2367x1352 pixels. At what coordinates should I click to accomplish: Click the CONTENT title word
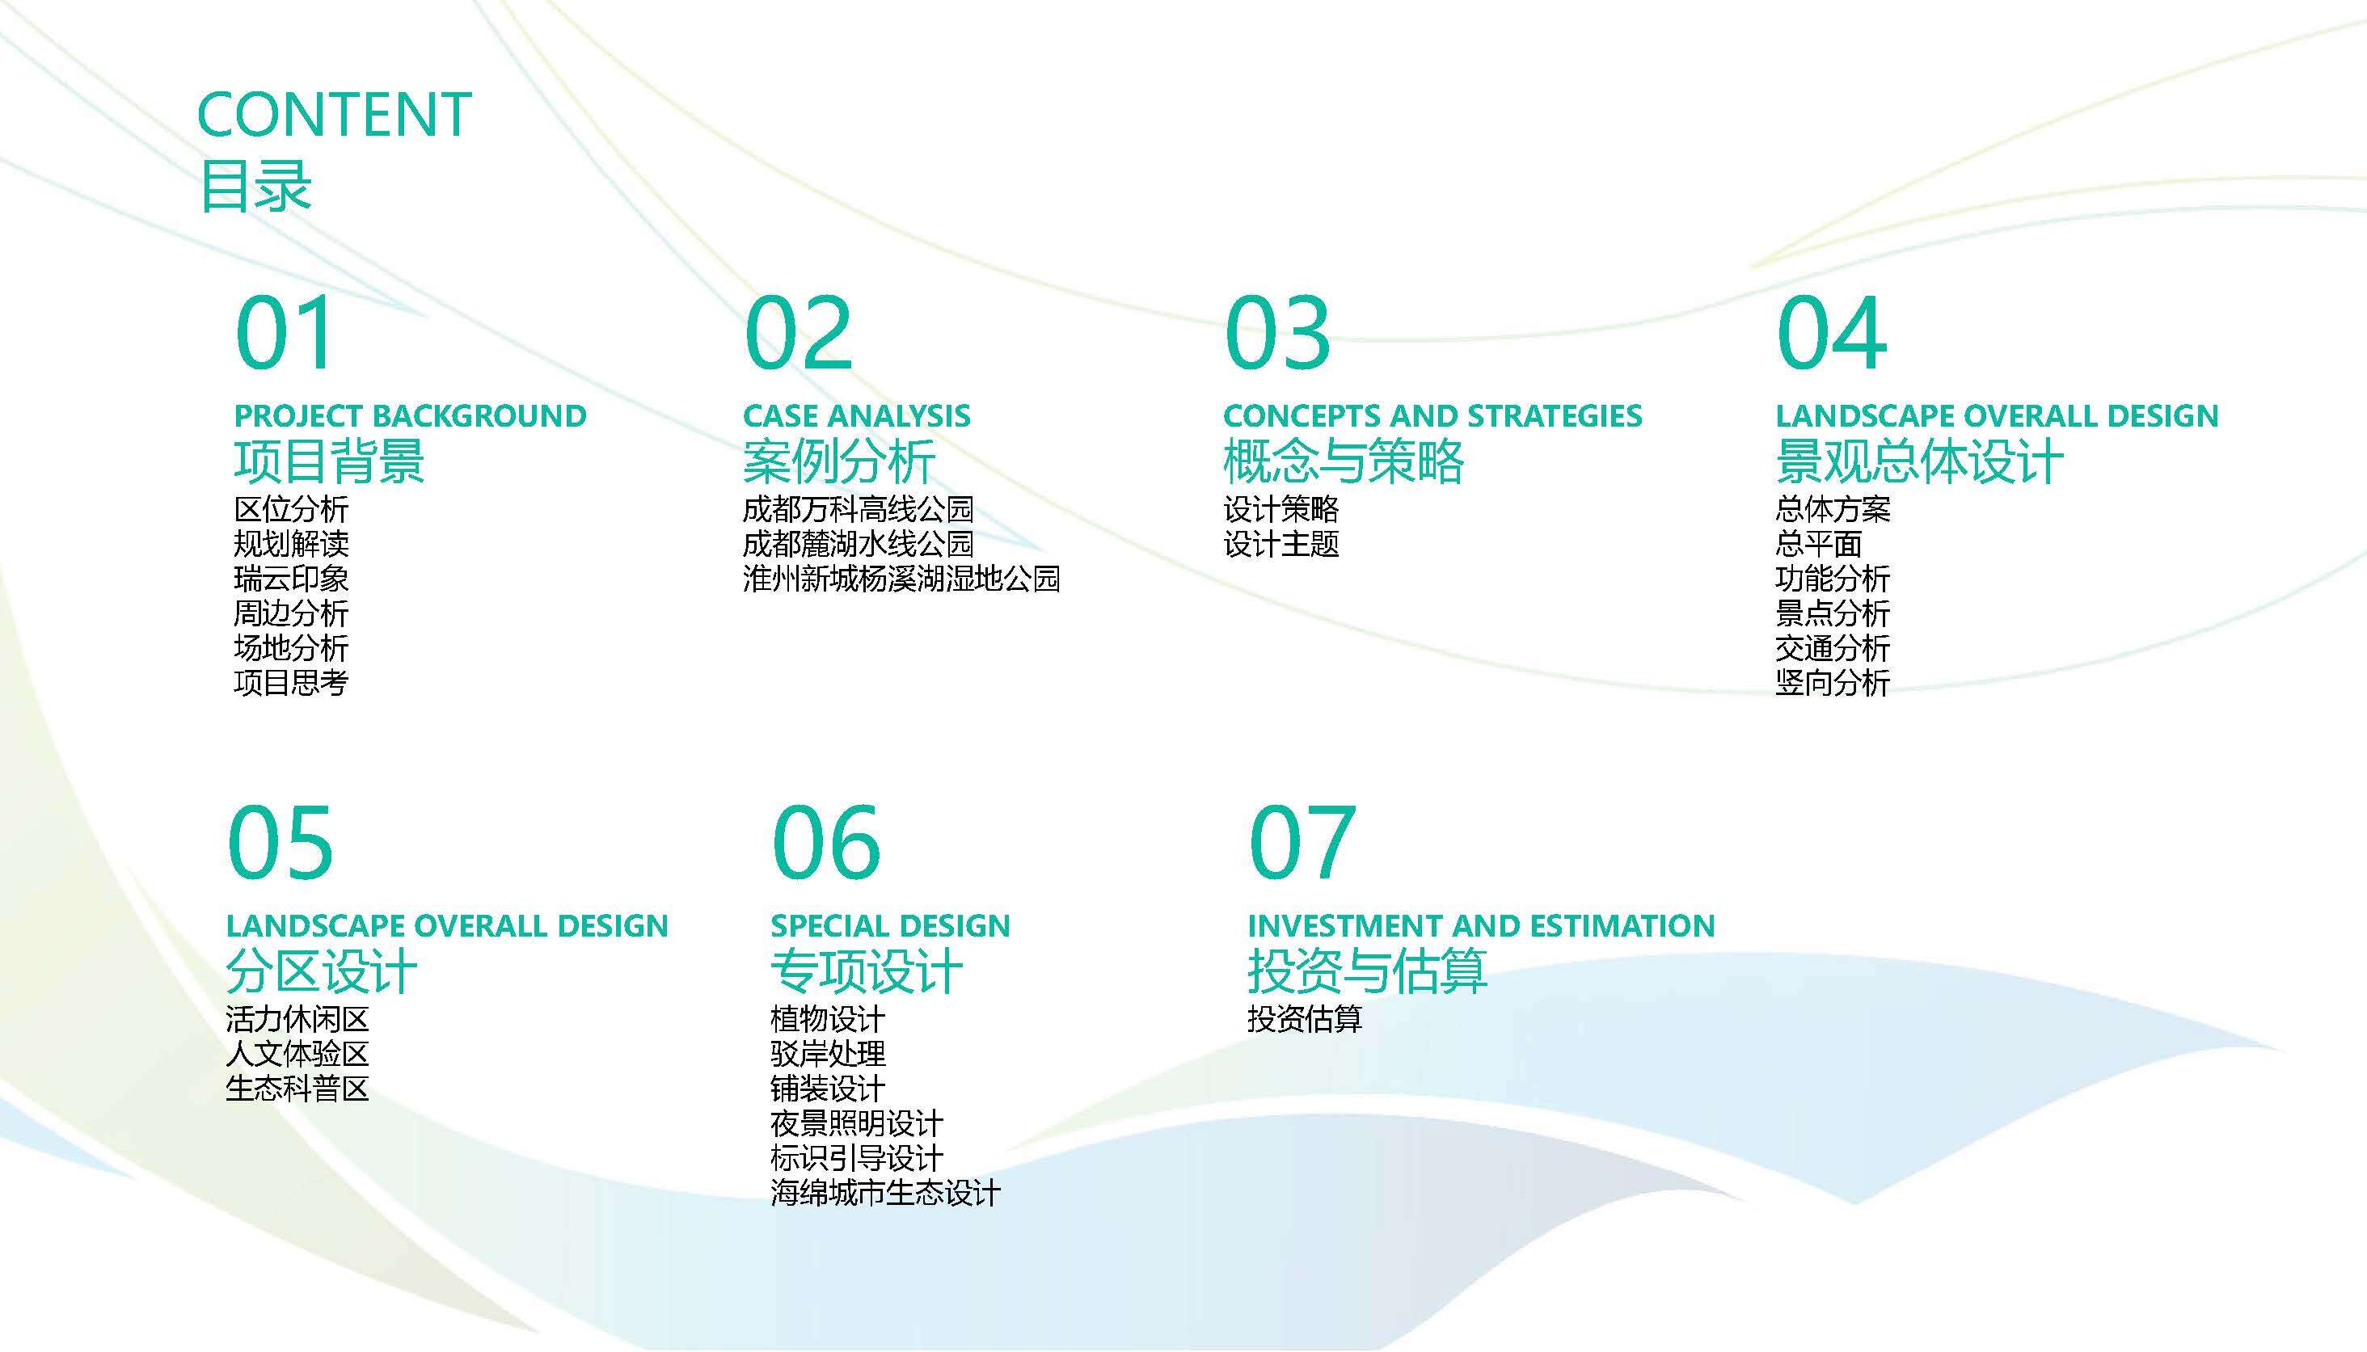(335, 115)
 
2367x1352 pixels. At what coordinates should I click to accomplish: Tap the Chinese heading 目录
(255, 186)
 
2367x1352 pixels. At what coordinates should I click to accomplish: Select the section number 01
(284, 332)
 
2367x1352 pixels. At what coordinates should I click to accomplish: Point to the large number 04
(1832, 332)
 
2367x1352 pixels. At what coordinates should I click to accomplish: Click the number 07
(1303, 842)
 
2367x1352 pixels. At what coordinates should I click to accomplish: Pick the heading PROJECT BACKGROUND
(411, 415)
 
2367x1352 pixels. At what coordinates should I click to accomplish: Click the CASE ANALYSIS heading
(856, 415)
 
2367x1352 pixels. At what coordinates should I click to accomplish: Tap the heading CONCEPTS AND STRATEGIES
(1432, 415)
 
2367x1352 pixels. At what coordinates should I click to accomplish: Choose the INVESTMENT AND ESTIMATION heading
(1481, 926)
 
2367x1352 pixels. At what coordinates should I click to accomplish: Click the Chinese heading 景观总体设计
(1919, 461)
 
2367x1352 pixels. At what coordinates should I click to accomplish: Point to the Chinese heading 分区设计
(321, 971)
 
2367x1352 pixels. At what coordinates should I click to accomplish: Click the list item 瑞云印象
(292, 579)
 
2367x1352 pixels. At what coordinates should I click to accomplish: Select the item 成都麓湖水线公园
(858, 543)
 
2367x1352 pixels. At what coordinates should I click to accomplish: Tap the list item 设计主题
(1281, 543)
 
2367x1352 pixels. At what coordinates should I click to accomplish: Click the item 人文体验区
(297, 1054)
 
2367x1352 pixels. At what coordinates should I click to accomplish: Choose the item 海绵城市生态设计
(886, 1192)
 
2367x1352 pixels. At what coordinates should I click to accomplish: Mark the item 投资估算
(1305, 1018)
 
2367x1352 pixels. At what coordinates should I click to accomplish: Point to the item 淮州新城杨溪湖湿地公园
(901, 579)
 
